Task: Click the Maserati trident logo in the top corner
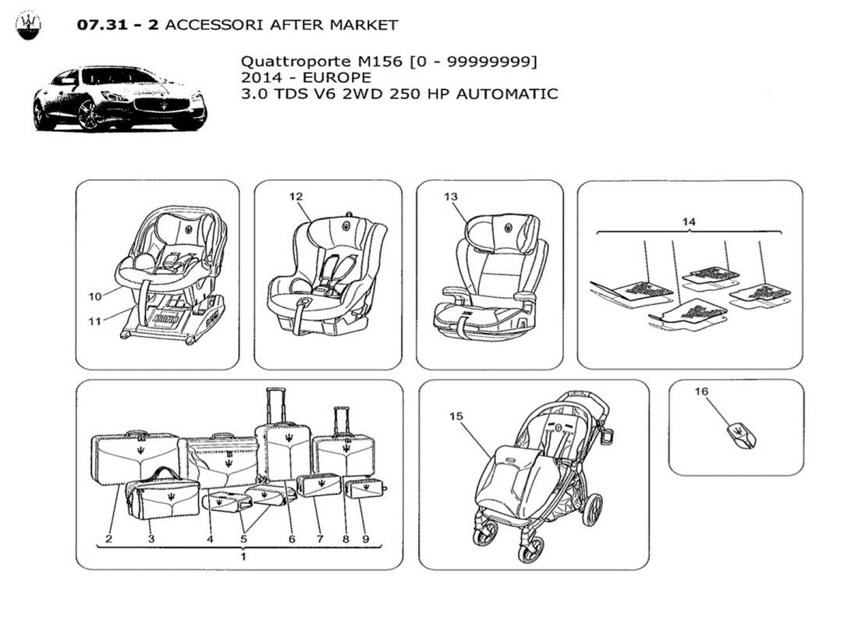pyautogui.click(x=28, y=26)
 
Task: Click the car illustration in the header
pyautogui.click(x=119, y=98)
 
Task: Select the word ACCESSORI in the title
pyautogui.click(x=214, y=24)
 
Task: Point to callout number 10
pyautogui.click(x=95, y=296)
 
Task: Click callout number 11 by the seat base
pyautogui.click(x=95, y=321)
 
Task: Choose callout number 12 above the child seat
pyautogui.click(x=296, y=197)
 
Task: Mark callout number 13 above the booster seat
pyautogui.click(x=451, y=197)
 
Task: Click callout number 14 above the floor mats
pyautogui.click(x=689, y=222)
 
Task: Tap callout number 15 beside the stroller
pyautogui.click(x=456, y=417)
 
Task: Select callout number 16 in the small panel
pyautogui.click(x=700, y=392)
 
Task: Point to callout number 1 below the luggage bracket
pyautogui.click(x=243, y=556)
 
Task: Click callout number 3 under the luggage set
pyautogui.click(x=151, y=538)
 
